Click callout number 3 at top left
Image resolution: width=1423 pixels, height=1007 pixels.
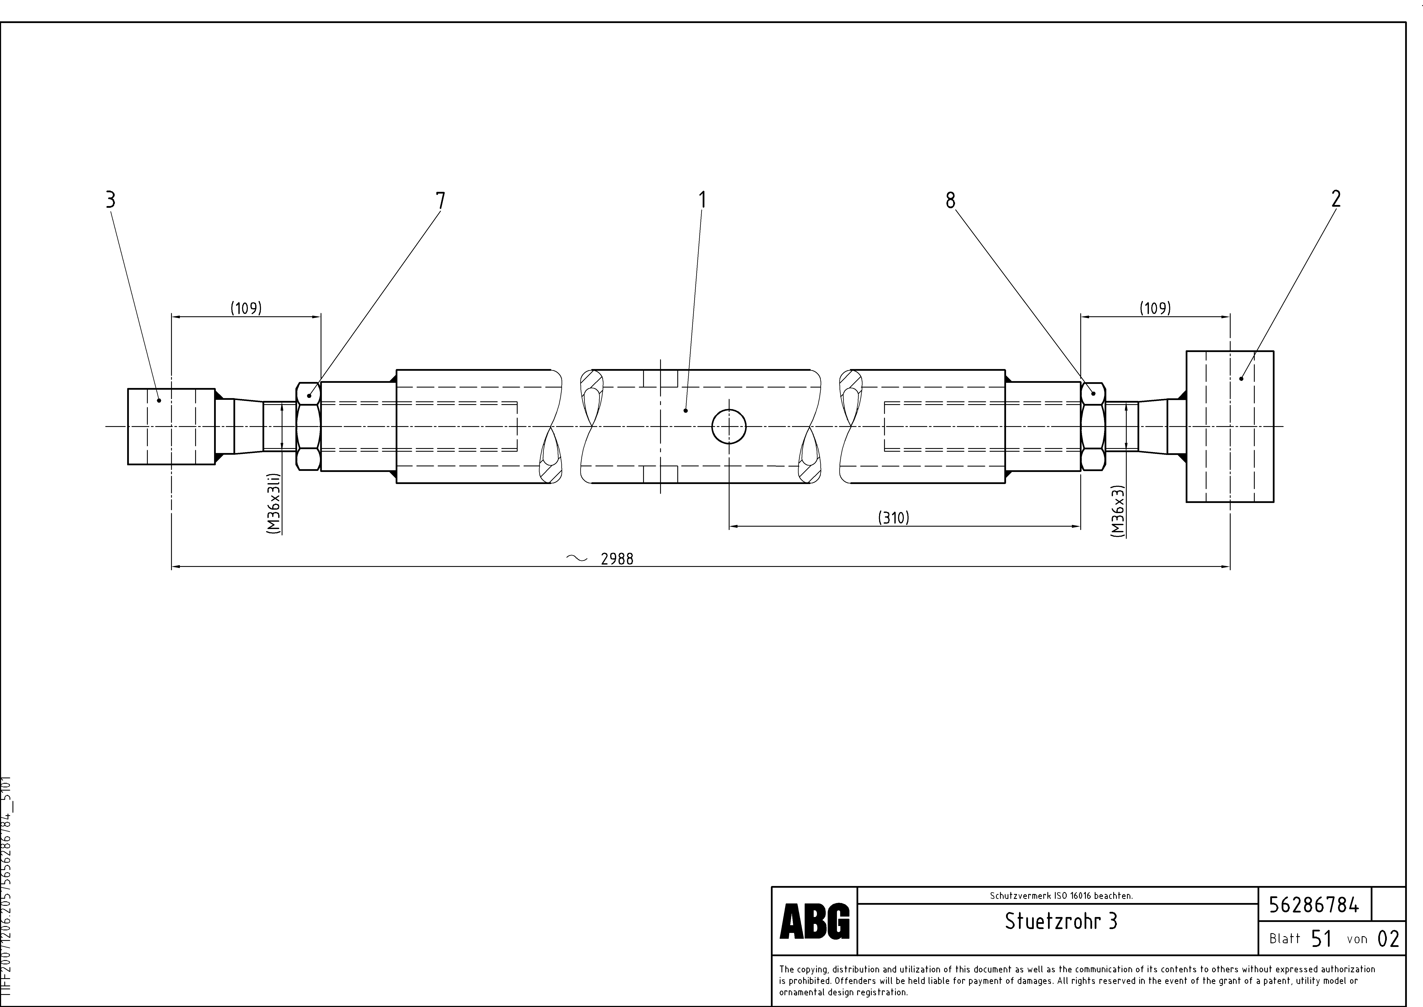point(110,200)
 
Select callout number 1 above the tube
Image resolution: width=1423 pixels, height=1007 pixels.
point(702,200)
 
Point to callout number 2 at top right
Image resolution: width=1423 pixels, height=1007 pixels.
point(1336,199)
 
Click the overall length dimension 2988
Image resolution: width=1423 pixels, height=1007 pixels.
point(617,559)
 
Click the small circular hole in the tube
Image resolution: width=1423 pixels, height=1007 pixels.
point(729,427)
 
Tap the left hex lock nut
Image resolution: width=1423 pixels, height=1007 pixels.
point(309,427)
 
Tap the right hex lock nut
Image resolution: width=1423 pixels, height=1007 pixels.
point(1093,427)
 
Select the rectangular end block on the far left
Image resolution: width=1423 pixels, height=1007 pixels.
point(171,427)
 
